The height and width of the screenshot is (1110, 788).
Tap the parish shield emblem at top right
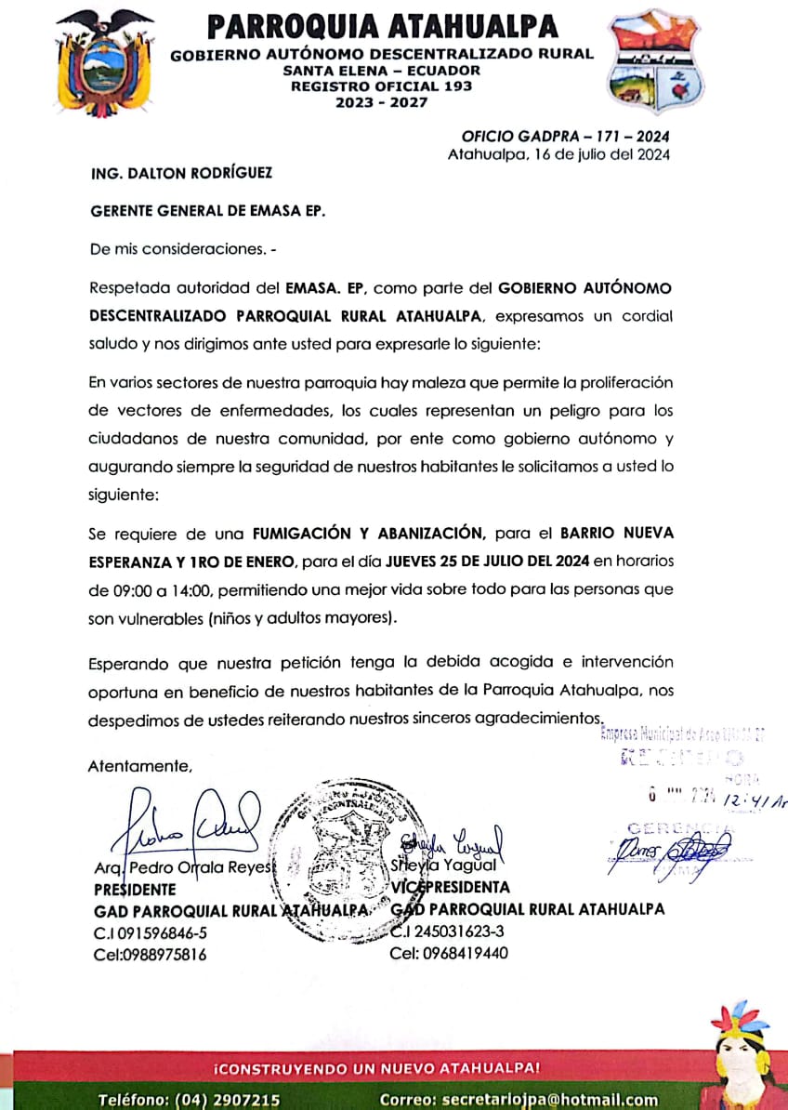[655, 60]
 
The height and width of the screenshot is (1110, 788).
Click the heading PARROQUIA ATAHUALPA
[382, 26]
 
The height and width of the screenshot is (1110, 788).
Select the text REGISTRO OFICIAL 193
[382, 86]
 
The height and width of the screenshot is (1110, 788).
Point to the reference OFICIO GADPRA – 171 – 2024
[566, 137]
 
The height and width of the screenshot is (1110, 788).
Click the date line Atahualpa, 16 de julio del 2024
[558, 154]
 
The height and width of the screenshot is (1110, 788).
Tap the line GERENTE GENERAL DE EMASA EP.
[207, 211]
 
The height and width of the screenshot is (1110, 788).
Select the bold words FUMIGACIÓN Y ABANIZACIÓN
[369, 534]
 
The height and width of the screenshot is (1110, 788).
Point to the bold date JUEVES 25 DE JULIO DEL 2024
[489, 561]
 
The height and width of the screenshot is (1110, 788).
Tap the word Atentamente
[140, 767]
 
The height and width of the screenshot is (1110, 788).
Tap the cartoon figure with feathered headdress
[742, 1055]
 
